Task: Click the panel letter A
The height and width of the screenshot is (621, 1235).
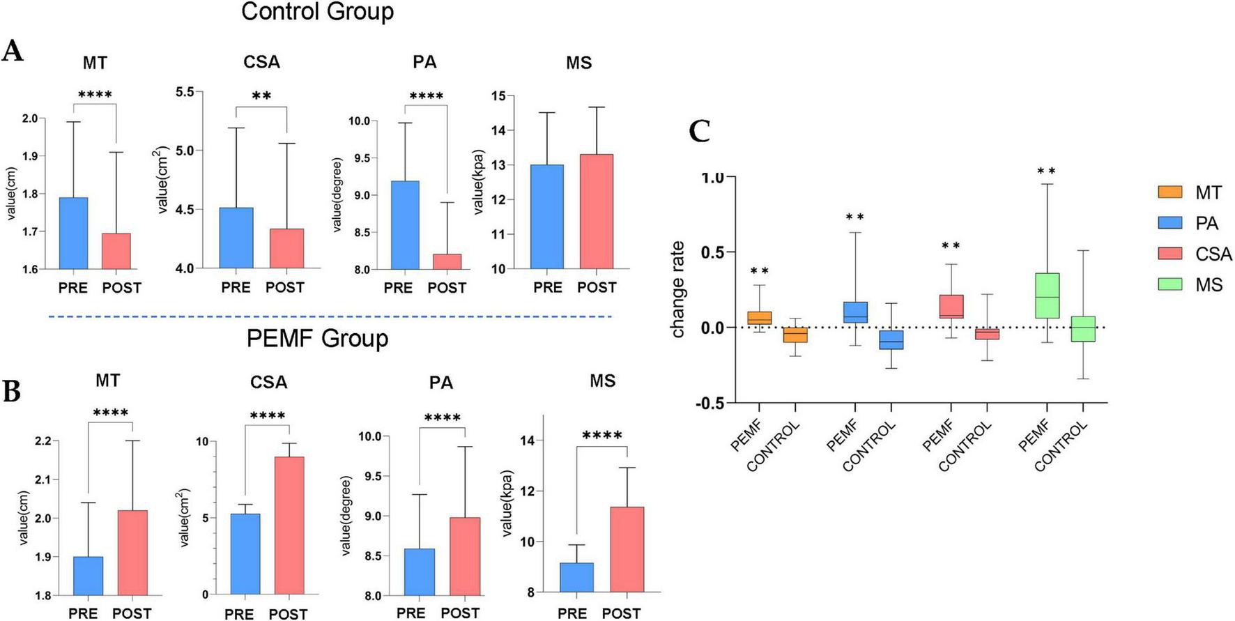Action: coord(13,52)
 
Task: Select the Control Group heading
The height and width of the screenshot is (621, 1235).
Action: coord(317,12)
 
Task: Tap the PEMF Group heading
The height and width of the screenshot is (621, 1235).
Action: coord(317,339)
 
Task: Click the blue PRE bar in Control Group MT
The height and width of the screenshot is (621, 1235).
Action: coord(73,233)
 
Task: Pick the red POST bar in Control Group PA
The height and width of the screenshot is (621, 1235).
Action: coord(447,261)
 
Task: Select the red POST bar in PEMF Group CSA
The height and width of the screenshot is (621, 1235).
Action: coord(289,525)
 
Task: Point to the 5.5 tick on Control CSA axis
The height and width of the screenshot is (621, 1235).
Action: coord(185,92)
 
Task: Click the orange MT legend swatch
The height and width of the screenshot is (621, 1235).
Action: coord(1169,192)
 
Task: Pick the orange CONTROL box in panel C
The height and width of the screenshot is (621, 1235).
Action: coord(795,335)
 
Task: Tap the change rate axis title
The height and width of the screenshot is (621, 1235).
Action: coord(678,289)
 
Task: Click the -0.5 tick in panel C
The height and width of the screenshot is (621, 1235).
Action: coord(709,404)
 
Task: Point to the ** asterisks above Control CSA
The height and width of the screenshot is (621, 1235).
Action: coord(261,95)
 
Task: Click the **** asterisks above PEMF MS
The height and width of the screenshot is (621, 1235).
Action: coord(601,436)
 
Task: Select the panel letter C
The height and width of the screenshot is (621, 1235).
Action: coord(699,131)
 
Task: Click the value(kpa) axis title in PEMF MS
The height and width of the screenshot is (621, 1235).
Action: coord(507,503)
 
